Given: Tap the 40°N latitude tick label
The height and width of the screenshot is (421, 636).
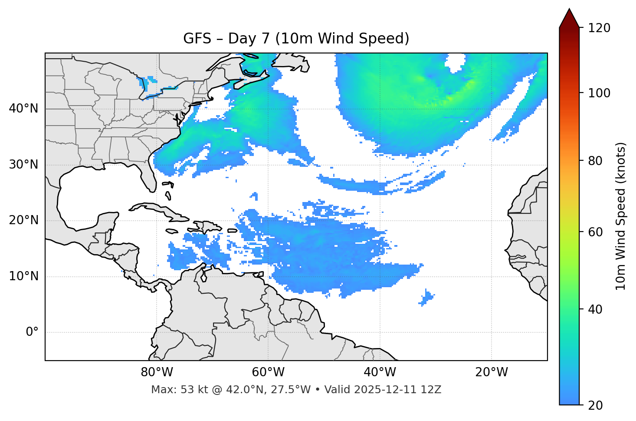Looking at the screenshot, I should tap(23, 109).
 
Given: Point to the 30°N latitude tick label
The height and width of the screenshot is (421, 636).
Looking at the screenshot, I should tap(23, 165).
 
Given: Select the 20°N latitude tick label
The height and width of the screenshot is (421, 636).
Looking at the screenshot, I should tap(23, 220).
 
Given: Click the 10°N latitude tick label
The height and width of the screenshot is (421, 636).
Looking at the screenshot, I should tap(23, 276).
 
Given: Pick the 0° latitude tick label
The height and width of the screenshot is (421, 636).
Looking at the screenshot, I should tap(32, 332).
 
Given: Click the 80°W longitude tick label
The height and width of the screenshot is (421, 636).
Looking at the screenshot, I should tap(157, 372).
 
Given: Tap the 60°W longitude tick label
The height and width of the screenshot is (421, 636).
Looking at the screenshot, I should tap(268, 372).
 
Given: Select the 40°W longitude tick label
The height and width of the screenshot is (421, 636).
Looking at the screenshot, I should tap(380, 372).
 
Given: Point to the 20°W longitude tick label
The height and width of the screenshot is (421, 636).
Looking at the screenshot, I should tap(491, 372).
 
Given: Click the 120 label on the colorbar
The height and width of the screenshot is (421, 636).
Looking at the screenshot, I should tap(599, 28).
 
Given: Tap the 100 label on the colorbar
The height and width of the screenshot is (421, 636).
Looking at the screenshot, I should tap(599, 93).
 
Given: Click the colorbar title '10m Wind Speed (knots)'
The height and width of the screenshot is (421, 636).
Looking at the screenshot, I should tap(620, 216).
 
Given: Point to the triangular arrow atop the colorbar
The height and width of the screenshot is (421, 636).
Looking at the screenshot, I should tap(569, 18).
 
